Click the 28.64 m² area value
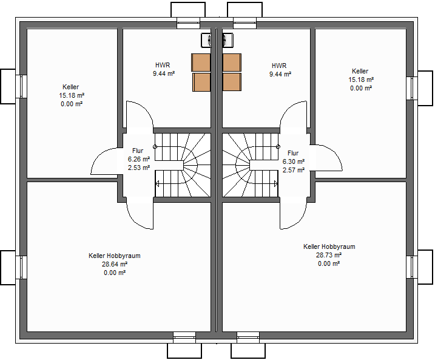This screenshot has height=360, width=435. [x=115, y=264]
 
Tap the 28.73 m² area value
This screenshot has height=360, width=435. [x=329, y=255]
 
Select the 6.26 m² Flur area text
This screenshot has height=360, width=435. [x=139, y=159]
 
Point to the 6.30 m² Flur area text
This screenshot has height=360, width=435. [x=294, y=161]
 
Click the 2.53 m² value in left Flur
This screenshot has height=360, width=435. [x=139, y=168]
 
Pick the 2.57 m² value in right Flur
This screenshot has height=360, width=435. [x=294, y=170]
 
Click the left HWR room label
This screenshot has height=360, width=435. [x=163, y=65]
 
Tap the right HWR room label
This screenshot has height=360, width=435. [x=279, y=66]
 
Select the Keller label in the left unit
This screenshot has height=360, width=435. [x=71, y=87]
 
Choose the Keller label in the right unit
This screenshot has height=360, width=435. [x=360, y=71]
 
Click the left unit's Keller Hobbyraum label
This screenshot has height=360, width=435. [x=115, y=256]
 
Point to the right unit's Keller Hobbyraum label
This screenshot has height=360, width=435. [x=329, y=246]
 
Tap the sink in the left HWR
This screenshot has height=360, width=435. [x=206, y=40]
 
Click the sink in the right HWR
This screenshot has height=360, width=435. [x=228, y=40]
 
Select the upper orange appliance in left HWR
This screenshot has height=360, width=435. [x=201, y=63]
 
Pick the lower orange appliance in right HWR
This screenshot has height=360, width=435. [x=232, y=82]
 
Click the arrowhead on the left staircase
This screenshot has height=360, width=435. [x=157, y=184]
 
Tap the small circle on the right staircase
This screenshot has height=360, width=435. [x=278, y=146]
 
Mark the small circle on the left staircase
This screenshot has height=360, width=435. [x=155, y=146]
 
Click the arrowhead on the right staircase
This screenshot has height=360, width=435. [x=276, y=184]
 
